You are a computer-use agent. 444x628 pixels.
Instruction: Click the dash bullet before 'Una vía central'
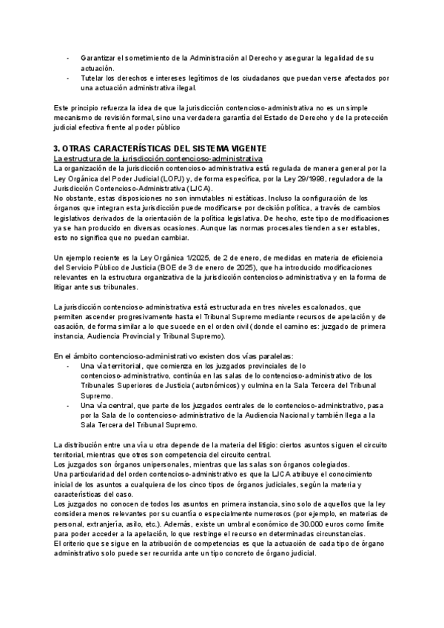click(70, 406)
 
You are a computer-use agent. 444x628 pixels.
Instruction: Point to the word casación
click(73, 326)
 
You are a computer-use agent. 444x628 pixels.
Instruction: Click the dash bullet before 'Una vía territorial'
click(70, 367)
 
